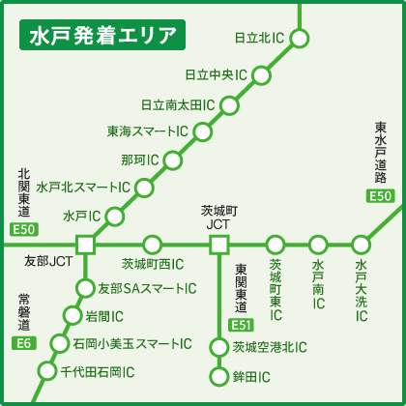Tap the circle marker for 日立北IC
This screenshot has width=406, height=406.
point(300,39)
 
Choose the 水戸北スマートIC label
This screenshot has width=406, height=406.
point(81,187)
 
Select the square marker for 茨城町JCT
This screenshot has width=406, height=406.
point(217,244)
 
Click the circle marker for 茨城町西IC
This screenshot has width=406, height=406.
point(152,244)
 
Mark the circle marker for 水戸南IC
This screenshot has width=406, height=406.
point(319,244)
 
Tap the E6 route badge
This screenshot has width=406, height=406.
point(24,343)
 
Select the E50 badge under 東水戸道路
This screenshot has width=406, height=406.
point(381,196)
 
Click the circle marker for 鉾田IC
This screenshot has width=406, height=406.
point(217,375)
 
